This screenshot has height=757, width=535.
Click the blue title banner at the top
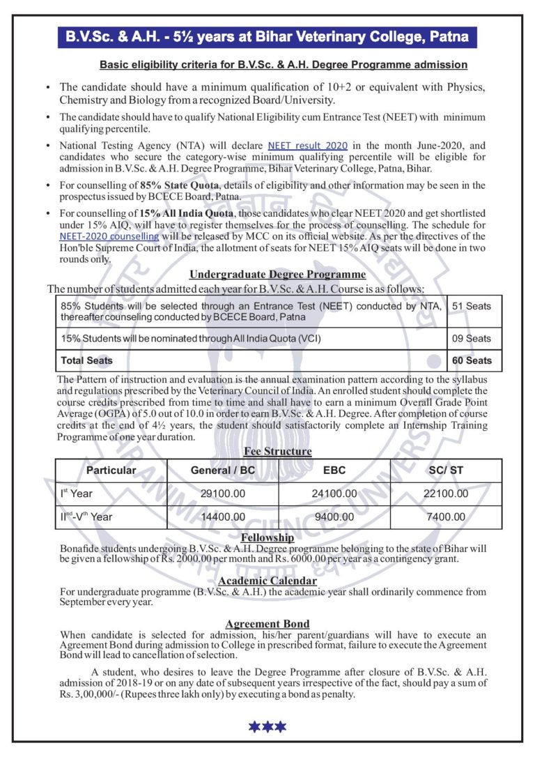267,36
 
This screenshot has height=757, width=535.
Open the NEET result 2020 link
307,145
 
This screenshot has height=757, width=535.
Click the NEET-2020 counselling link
109,236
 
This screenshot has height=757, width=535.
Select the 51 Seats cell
472,306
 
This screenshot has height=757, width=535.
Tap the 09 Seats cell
472,338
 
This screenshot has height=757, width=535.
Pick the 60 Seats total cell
472,360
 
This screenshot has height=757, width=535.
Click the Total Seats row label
86,360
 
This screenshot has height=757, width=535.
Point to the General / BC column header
223,471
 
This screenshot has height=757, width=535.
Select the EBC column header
334,471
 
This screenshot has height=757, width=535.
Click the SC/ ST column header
447,471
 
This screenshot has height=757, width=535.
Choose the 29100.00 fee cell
223,494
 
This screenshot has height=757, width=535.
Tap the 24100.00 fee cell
334,494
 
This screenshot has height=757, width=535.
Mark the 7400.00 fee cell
447,517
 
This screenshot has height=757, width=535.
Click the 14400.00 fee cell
223,517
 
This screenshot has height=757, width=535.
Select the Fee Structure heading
277,451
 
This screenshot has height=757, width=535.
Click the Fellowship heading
267,537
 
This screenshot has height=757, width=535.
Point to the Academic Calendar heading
267,581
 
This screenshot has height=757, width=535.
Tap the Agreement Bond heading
267,624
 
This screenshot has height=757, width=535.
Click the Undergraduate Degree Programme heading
277,275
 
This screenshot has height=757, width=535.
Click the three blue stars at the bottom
267,727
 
